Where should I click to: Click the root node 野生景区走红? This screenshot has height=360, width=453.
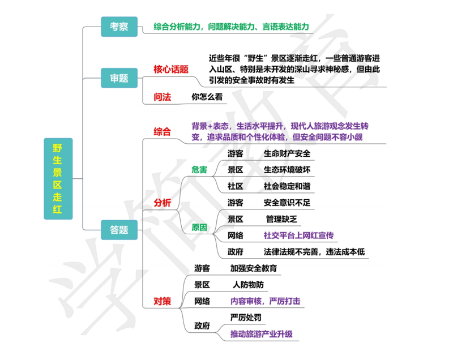[x=58, y=179]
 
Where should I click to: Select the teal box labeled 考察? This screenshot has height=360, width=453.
[x=119, y=27]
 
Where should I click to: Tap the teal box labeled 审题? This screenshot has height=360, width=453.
[x=119, y=78]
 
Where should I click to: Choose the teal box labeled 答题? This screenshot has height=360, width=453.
[x=119, y=230]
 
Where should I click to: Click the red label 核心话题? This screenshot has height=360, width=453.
[x=171, y=69]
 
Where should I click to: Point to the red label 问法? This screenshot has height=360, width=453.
[x=163, y=97]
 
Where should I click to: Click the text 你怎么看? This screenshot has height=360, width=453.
[x=207, y=97]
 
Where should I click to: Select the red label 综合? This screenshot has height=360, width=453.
[x=163, y=132]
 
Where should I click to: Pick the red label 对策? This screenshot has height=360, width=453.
[x=163, y=300]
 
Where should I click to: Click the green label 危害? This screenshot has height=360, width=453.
[x=199, y=169]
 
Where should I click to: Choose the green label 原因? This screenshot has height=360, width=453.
[x=199, y=227]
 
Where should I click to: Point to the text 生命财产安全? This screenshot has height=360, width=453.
[x=287, y=153]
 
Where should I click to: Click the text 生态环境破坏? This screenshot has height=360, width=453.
[x=287, y=170]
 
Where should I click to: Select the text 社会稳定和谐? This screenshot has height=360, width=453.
[x=287, y=186]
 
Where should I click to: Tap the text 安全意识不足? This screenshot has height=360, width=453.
[x=287, y=203]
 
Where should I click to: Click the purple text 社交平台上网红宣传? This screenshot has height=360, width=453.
[x=299, y=235]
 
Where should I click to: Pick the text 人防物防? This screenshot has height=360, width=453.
[x=248, y=285]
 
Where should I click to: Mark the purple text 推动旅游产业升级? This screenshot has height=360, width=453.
[x=262, y=334]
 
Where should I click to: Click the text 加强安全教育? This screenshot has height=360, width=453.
[x=254, y=268]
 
